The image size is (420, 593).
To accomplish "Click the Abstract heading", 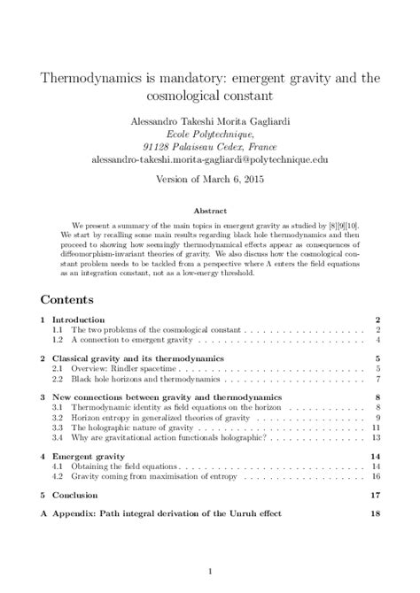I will point(210,212).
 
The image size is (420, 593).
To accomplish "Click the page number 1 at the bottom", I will point(209,571).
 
